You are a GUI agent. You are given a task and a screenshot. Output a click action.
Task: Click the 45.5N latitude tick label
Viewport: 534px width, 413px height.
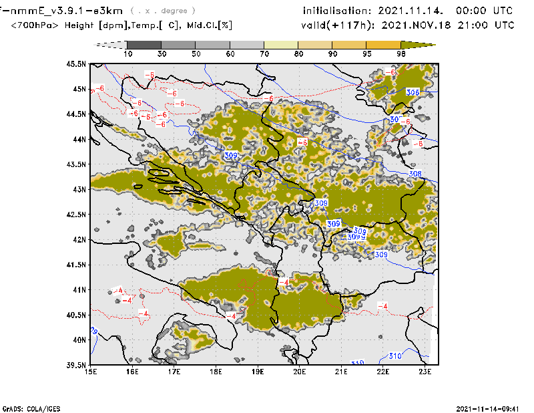(77, 64)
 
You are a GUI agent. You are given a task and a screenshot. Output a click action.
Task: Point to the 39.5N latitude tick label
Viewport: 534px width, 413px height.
(77, 365)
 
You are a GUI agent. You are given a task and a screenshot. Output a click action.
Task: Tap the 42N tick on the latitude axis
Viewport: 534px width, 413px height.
(81, 239)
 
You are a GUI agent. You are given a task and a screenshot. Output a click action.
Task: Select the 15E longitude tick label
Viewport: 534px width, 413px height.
(91, 372)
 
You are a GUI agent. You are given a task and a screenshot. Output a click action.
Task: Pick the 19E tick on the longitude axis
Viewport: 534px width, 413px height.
(258, 372)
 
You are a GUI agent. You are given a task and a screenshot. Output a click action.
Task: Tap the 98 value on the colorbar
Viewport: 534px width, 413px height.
(400, 53)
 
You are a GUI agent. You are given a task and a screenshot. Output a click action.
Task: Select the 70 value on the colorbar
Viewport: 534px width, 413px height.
(264, 53)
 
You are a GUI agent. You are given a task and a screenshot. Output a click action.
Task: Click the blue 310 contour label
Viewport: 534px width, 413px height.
(394, 356)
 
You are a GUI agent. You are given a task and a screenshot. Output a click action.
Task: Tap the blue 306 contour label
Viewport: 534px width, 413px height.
(413, 92)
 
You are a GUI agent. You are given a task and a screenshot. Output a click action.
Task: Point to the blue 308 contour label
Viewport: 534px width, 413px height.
(415, 174)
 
